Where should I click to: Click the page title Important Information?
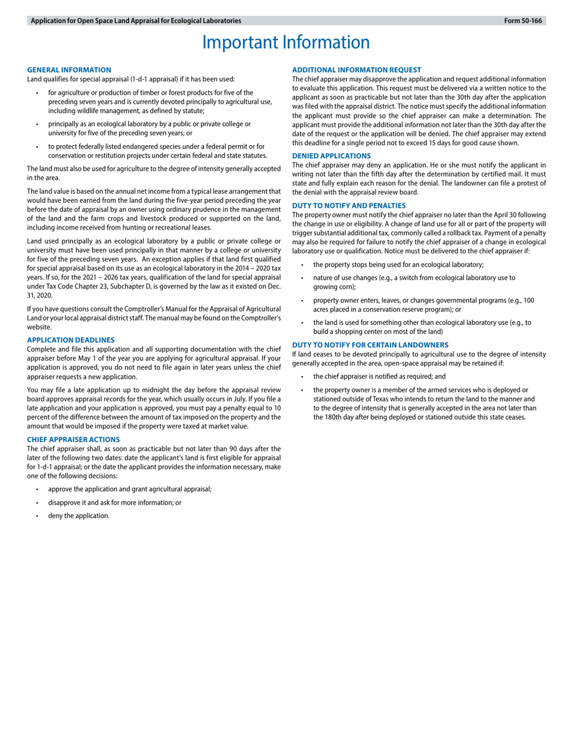[x=285, y=43]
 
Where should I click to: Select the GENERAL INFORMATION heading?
[x=69, y=70]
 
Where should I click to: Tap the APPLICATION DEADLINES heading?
[x=70, y=340]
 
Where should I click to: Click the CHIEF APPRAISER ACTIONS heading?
[x=73, y=439]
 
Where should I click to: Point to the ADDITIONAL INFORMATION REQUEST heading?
[x=357, y=70]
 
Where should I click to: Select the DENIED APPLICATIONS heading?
[x=331, y=155]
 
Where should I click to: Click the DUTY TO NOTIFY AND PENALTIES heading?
[x=349, y=205]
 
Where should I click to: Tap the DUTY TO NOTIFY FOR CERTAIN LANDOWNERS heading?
[x=370, y=344]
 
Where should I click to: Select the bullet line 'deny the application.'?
[x=79, y=516]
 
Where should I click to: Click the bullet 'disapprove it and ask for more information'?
[x=114, y=502]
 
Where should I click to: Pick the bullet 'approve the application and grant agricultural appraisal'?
[x=129, y=489]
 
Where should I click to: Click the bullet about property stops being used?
[x=398, y=264]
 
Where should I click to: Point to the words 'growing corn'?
[x=334, y=287]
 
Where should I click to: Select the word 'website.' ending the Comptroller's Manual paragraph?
[x=39, y=326]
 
